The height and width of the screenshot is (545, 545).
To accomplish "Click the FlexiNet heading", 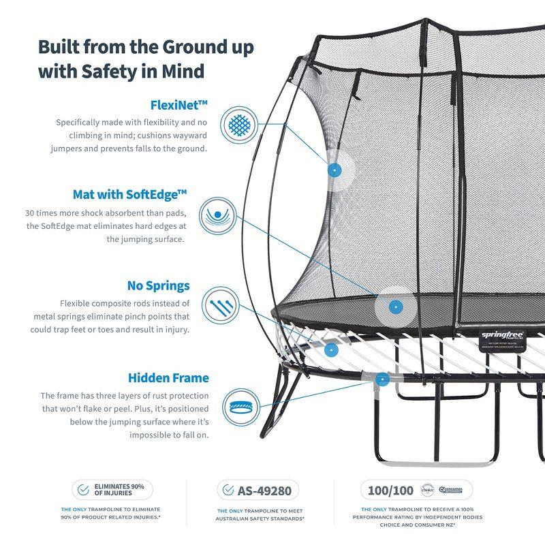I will (x=178, y=105).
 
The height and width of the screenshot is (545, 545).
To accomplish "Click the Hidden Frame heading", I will (x=168, y=377).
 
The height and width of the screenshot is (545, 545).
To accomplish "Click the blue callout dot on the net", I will (x=334, y=170).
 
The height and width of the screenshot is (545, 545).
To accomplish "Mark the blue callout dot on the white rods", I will (x=330, y=349).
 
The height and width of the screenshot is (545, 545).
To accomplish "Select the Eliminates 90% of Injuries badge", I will (x=112, y=490).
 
